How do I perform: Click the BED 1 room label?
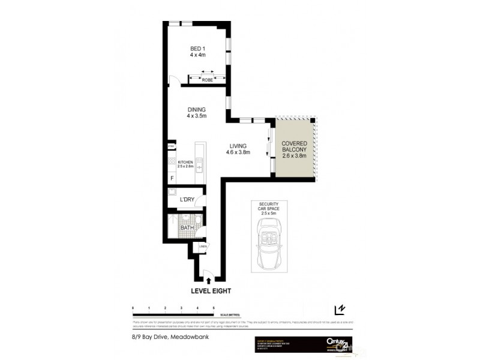point(197,51)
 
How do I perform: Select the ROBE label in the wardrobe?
point(207,80)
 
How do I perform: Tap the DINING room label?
point(197,113)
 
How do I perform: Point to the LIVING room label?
point(238,149)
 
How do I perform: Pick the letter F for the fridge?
point(172,178)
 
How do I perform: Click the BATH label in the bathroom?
point(187,228)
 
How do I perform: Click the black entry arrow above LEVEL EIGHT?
point(208,279)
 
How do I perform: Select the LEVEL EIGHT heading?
point(211,291)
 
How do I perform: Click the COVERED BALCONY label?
point(294,147)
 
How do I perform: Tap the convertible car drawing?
point(269,243)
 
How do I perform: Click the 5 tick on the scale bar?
point(214,308)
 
